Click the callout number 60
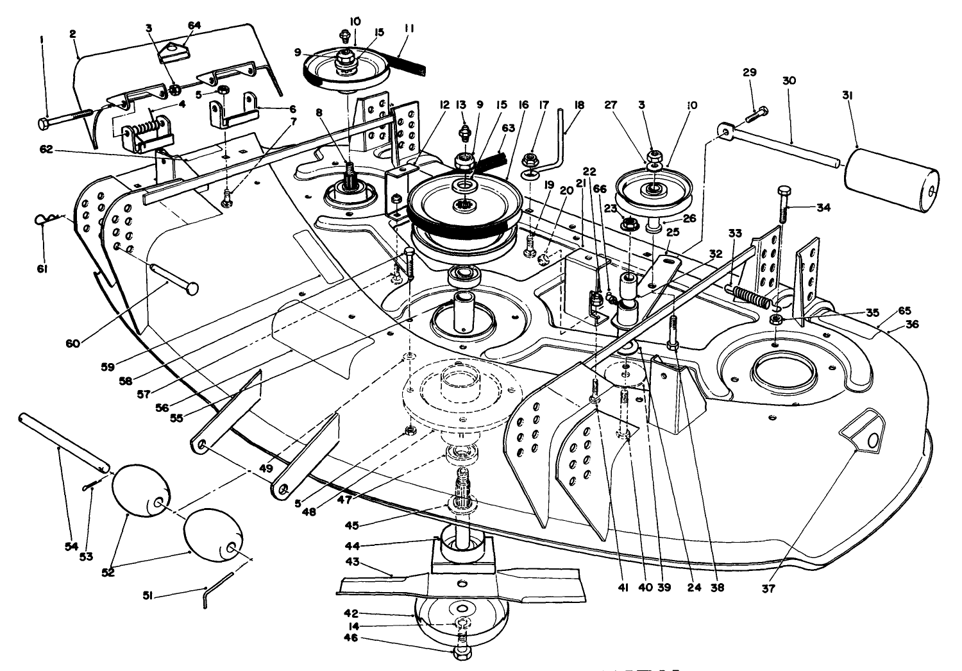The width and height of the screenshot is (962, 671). tap(72, 343)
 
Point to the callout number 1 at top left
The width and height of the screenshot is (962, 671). tap(42, 39)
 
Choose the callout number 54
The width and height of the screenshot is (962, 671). tap(71, 546)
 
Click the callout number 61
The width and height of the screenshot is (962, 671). tap(43, 268)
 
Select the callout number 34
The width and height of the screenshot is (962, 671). tap(824, 207)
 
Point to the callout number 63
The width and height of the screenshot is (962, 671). tap(490, 128)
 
